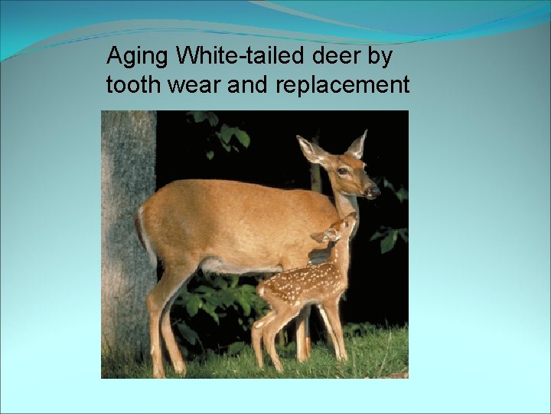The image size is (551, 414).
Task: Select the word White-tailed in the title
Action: tap(231, 56)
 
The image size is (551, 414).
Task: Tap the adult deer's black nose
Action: tap(374, 189)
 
